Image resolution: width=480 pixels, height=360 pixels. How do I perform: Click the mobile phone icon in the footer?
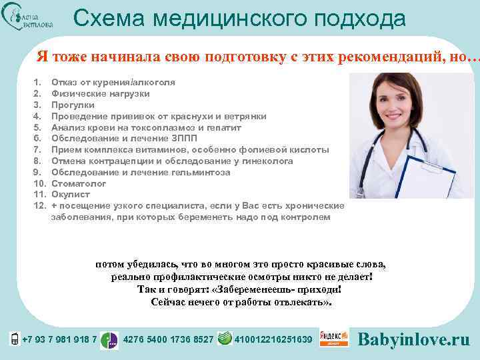tap(15, 339)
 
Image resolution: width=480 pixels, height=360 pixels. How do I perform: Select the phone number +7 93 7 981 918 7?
tap(59, 340)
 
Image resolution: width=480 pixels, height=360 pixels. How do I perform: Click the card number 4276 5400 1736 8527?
tap(169, 340)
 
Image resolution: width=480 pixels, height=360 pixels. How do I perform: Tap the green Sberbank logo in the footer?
tap(225, 339)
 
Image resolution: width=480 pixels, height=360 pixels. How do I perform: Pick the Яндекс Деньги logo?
tap(334, 339)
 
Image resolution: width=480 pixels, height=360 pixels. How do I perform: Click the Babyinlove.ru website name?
tap(414, 339)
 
